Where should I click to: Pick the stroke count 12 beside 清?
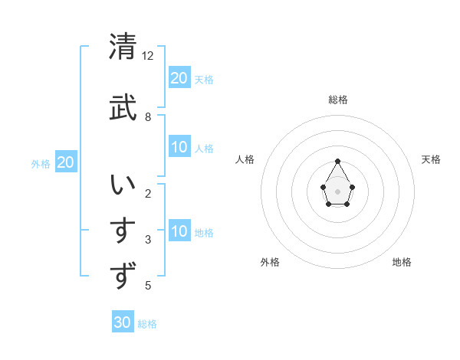[148, 56]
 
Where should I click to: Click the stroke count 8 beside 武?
[148, 117]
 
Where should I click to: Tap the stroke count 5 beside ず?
[148, 286]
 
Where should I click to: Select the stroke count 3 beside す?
[148, 240]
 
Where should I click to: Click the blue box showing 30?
[123, 322]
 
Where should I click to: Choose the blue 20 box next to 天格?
[179, 78]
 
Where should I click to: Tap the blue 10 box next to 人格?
[179, 148]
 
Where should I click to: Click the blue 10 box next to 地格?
[179, 231]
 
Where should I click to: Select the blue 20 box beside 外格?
[66, 162]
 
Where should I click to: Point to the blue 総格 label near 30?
[147, 324]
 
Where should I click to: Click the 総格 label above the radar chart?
[338, 100]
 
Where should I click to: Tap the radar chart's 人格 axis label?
[245, 159]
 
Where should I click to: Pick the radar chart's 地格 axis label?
[402, 262]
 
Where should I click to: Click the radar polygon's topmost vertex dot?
[338, 161]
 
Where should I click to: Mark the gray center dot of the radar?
[338, 190]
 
